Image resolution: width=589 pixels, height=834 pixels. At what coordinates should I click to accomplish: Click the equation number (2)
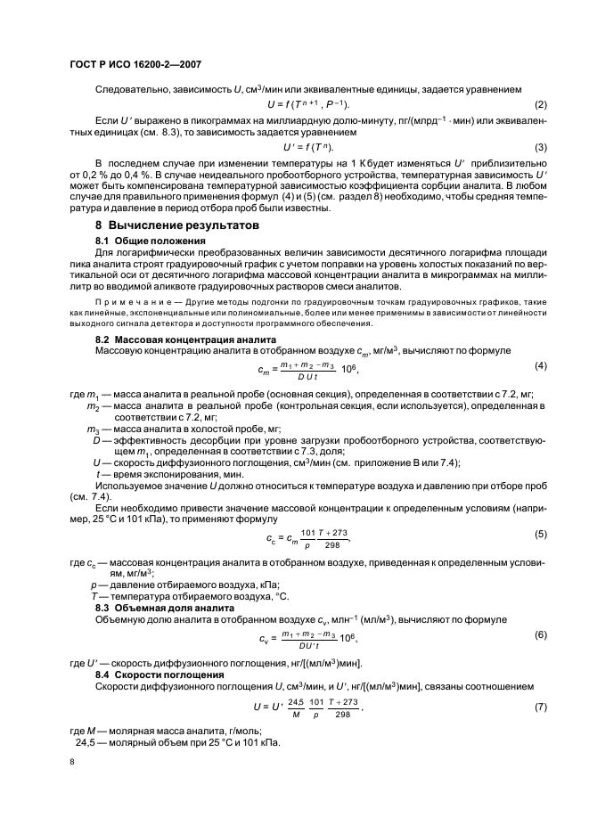[x=540, y=105]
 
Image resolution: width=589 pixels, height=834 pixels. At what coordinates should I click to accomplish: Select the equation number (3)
[x=540, y=146]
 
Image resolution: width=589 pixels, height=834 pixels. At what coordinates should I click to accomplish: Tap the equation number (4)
[x=540, y=366]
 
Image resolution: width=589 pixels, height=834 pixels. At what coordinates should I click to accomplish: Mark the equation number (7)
[x=540, y=706]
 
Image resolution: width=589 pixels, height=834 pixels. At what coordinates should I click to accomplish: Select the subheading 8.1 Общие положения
[x=151, y=241]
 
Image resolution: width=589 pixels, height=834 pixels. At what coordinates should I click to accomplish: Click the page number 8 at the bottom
[x=72, y=763]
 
